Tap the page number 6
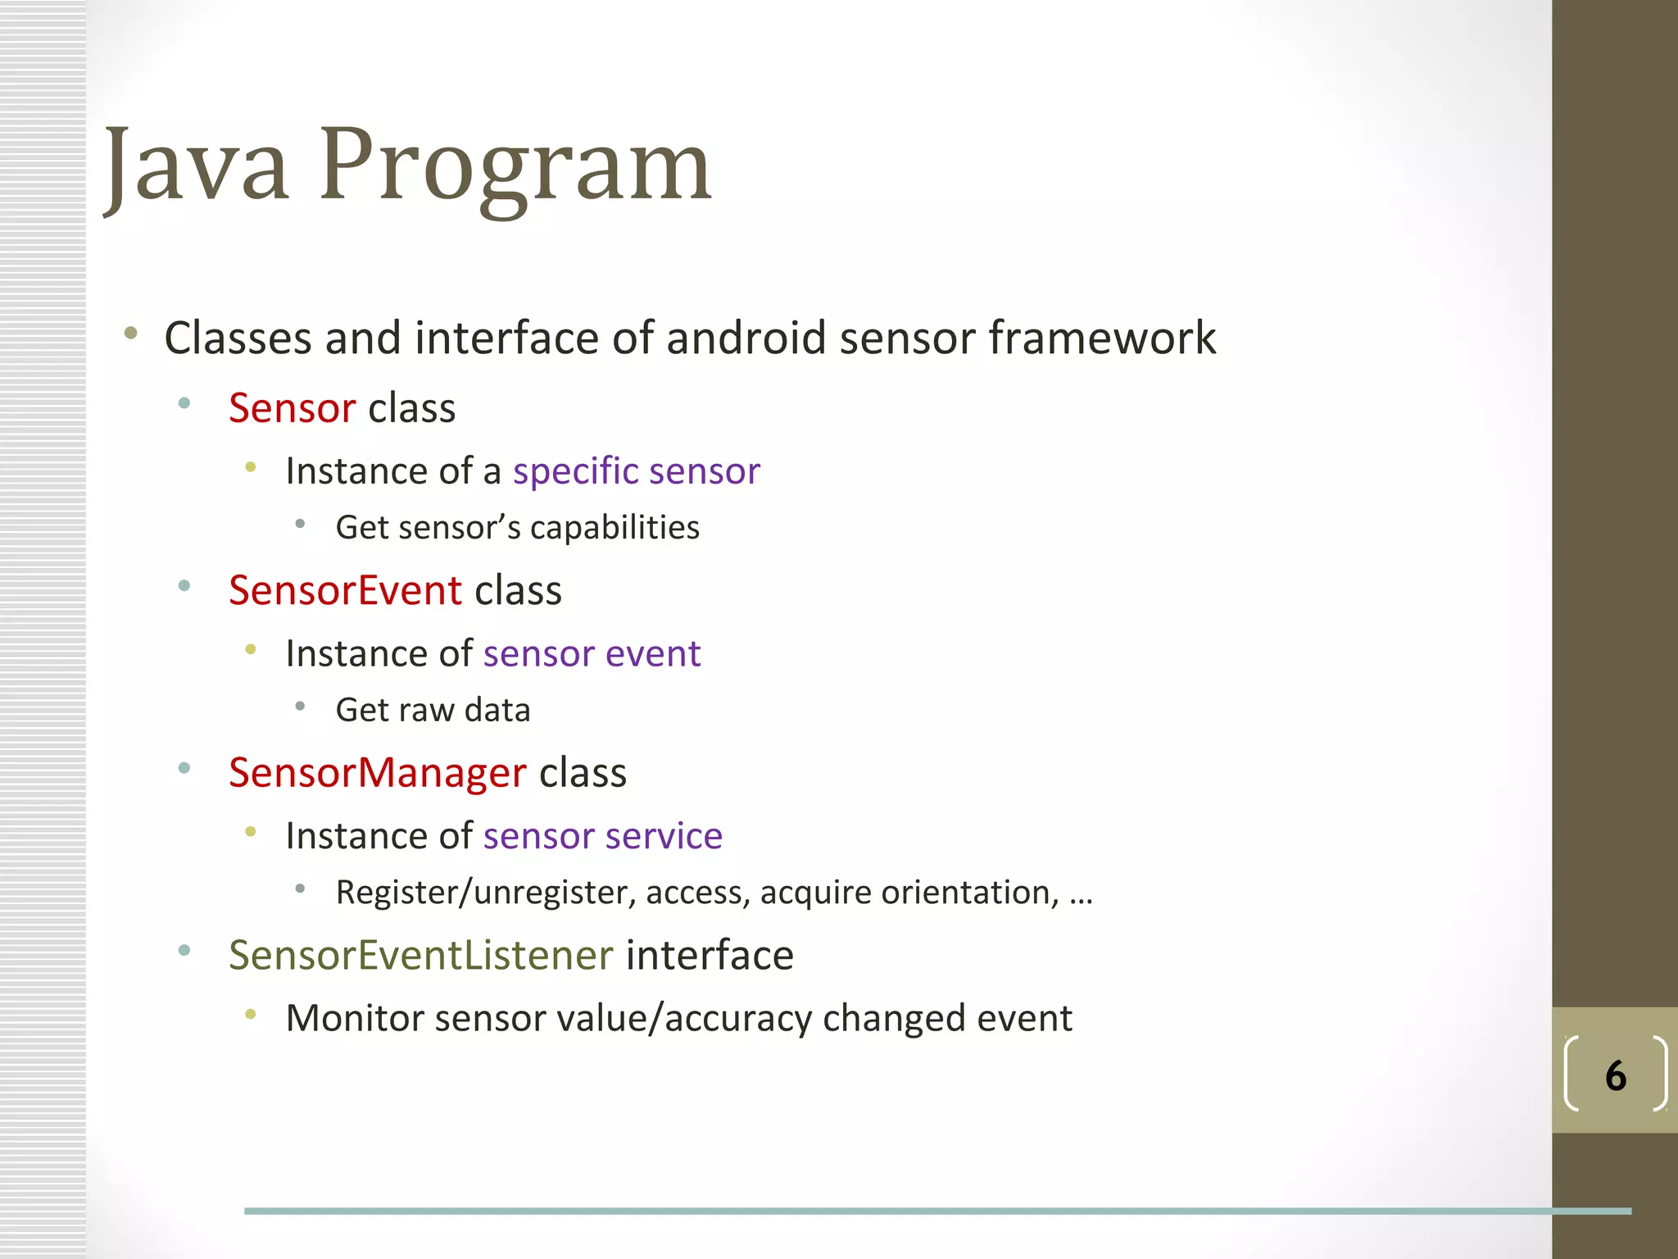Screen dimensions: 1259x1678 click(1615, 1075)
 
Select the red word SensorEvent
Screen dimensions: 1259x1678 click(345, 590)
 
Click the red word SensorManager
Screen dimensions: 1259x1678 click(377, 773)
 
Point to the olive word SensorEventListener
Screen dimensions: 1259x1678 click(420, 955)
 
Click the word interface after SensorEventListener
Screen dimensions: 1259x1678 click(710, 955)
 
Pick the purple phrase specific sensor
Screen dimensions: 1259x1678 click(637, 471)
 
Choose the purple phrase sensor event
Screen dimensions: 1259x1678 click(592, 654)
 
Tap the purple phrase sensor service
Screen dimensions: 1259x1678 click(603, 836)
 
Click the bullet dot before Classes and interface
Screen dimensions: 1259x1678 click(131, 333)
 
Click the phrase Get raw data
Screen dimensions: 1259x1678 click(433, 710)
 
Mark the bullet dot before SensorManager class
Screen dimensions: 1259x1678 click(184, 768)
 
